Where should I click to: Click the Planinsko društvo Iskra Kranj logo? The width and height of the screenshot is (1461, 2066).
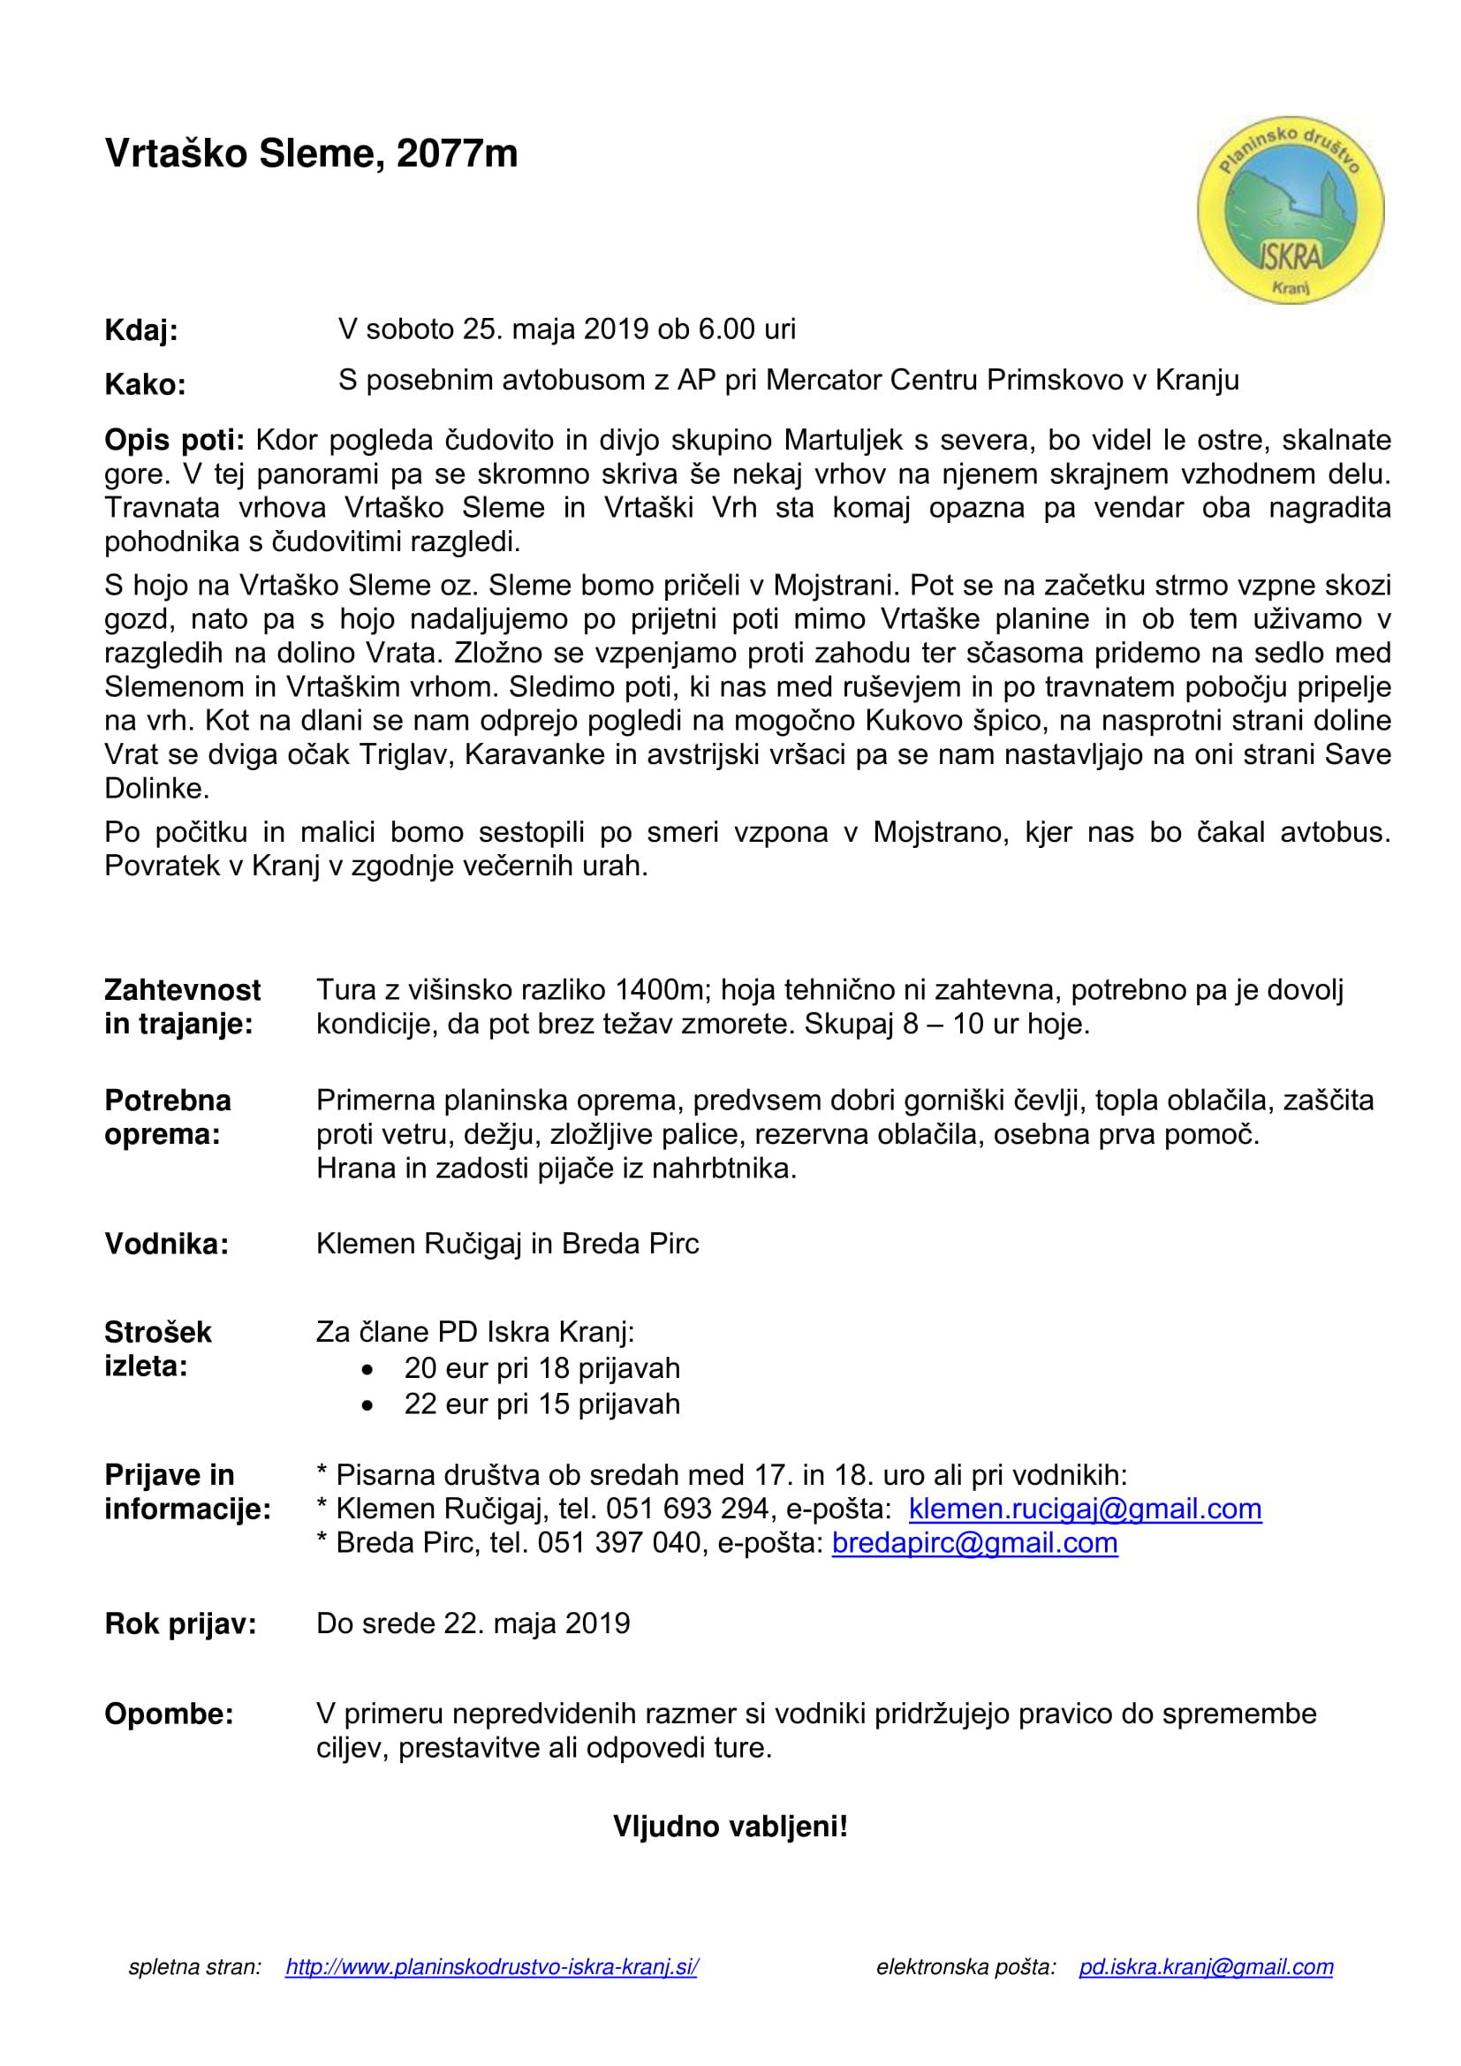pos(1290,210)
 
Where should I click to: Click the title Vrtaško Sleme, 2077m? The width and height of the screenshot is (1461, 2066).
pos(311,154)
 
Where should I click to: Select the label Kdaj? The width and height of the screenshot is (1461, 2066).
pos(141,330)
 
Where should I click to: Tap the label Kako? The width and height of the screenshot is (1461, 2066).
pos(145,384)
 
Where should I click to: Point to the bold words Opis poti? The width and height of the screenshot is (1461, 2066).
pos(174,440)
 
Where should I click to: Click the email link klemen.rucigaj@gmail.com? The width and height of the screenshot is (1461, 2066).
pos(1085,1508)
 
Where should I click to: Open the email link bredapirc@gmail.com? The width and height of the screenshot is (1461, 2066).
pos(974,1542)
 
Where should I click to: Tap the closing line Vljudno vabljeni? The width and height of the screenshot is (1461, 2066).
pos(730,1827)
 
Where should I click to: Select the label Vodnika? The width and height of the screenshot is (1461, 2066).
pos(166,1244)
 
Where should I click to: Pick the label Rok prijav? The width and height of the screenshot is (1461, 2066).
pos(180,1623)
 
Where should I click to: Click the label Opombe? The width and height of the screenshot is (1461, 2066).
pos(169,1714)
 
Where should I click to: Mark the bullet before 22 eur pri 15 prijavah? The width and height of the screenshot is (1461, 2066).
pos(367,1404)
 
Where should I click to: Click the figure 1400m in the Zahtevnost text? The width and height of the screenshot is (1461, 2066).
pos(660,990)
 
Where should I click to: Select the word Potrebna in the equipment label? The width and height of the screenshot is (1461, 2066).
pos(168,1101)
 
